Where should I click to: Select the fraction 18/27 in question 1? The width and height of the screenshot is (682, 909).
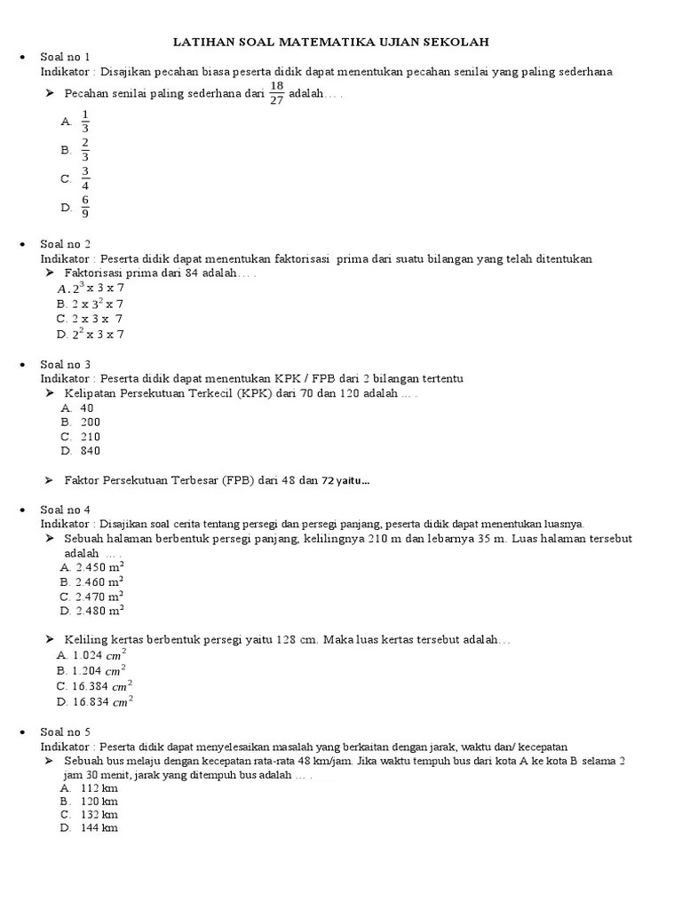click(x=276, y=93)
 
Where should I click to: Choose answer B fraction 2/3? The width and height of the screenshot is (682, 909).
click(x=85, y=150)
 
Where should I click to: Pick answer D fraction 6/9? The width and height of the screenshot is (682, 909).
click(x=85, y=207)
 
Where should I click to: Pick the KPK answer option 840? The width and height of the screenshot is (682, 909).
click(x=91, y=451)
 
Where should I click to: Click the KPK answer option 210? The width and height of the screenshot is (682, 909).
click(x=91, y=437)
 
